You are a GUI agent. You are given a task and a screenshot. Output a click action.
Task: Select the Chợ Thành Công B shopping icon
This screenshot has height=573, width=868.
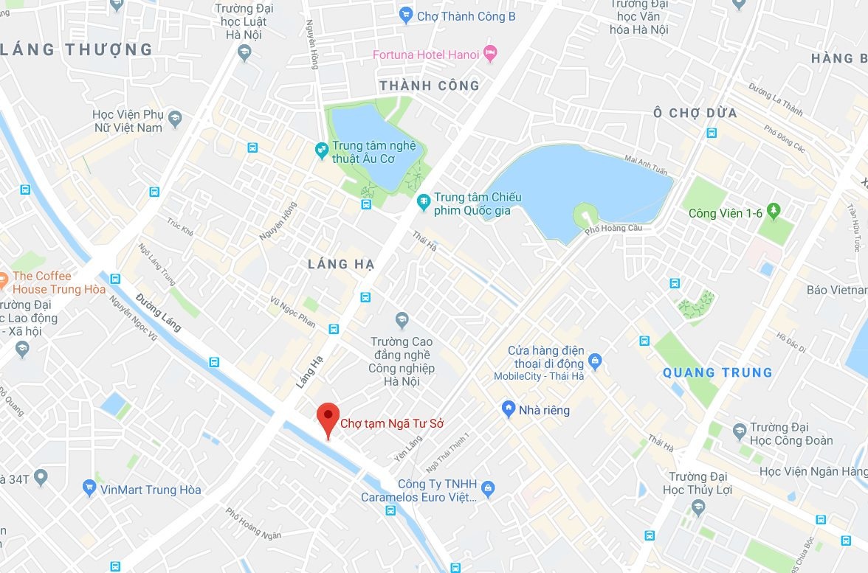(x=405, y=15)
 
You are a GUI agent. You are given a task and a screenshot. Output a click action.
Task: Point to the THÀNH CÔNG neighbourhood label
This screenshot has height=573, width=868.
(x=429, y=86)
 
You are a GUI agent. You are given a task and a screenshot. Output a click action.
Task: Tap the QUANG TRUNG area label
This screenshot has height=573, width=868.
(x=717, y=372)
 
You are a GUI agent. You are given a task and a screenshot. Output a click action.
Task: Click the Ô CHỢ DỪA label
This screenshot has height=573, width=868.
(x=695, y=113)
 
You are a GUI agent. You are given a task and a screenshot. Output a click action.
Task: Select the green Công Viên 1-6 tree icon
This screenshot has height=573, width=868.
(x=774, y=212)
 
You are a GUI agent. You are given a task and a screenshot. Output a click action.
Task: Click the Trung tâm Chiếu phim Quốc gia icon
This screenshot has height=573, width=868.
(x=424, y=201)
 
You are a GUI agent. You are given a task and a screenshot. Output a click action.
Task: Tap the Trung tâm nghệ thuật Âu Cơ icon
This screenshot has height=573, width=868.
(x=322, y=150)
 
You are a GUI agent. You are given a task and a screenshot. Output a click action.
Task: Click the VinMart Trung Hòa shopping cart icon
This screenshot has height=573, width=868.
(x=90, y=487)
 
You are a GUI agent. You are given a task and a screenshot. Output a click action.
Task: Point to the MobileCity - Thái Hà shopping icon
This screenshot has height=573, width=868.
(x=596, y=362)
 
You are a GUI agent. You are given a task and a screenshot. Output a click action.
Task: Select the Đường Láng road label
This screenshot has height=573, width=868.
(x=158, y=311)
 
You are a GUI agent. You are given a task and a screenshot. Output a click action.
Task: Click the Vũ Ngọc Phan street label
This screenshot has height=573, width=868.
(x=292, y=311)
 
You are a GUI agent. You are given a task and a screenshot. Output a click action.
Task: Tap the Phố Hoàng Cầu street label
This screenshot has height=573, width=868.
(x=613, y=229)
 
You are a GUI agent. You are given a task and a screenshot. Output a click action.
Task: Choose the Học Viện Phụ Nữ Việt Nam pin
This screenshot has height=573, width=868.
(x=175, y=119)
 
